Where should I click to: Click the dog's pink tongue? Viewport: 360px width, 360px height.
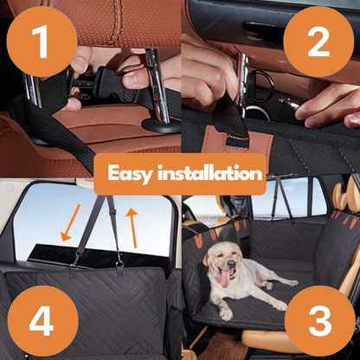point(227,279)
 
